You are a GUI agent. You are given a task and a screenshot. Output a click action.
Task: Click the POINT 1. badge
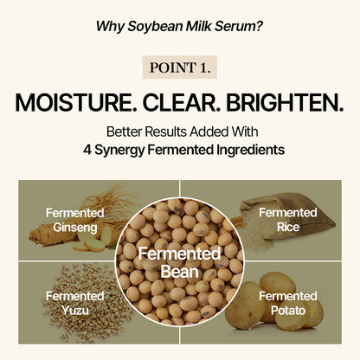pos(180,67)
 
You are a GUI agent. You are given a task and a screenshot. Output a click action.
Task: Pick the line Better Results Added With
pos(180,132)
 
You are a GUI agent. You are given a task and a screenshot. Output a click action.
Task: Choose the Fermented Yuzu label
pos(75,302)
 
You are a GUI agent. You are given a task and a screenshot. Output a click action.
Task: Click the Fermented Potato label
pos(287,302)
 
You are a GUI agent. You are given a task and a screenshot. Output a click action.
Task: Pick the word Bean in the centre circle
pos(180,271)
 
